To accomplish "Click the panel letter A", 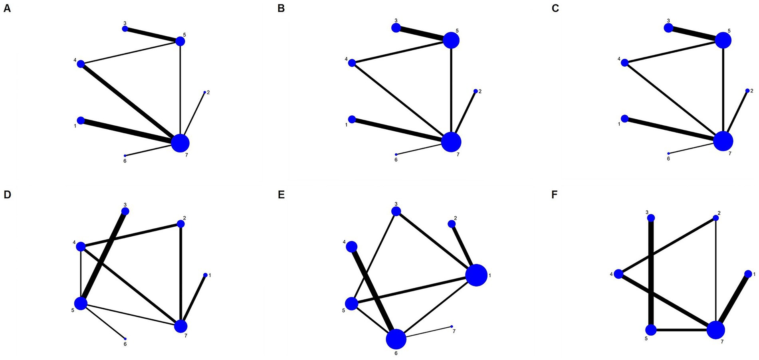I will point(7,8).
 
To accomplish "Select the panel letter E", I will point(281,195).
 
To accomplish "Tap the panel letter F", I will point(555,195).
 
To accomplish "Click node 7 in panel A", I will point(180,143).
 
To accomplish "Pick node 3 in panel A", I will point(125,29).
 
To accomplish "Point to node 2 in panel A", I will point(204,92).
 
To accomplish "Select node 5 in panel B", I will point(451,40).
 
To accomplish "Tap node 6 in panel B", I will point(396,154).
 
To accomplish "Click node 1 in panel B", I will point(352,119).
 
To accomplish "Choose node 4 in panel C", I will point(625,63).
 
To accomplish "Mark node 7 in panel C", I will point(723,141).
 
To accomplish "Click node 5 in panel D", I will point(81,303).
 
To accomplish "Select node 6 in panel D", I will point(125,338).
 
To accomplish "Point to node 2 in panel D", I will point(180,224).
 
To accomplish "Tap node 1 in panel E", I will point(476,275).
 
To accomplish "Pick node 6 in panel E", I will point(396,339).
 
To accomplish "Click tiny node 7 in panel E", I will point(452,326).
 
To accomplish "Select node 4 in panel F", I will point(618,274).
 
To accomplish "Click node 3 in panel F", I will point(651,218).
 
